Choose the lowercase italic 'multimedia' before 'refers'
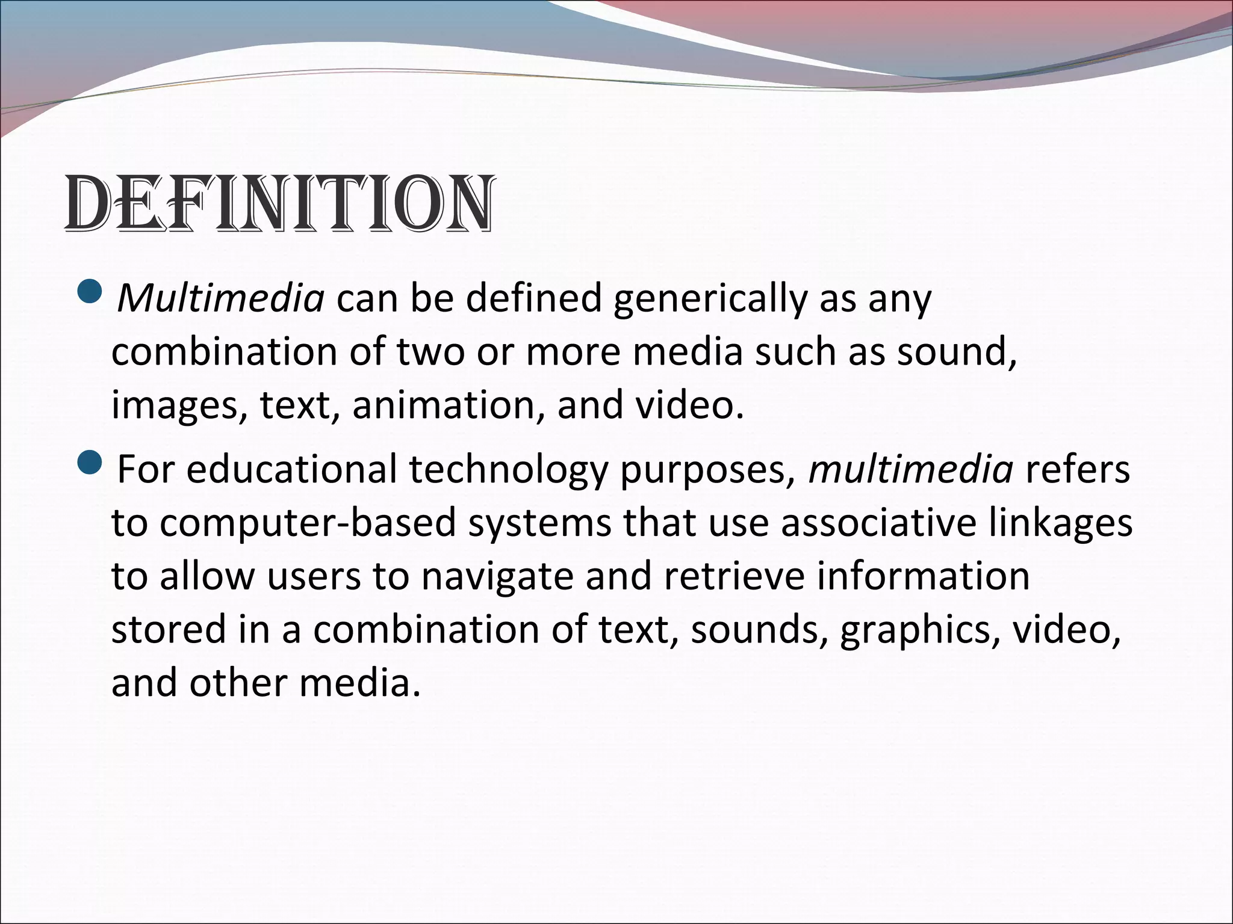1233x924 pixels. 911,469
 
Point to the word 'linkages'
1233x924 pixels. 1060,523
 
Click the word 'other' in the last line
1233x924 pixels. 238,683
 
